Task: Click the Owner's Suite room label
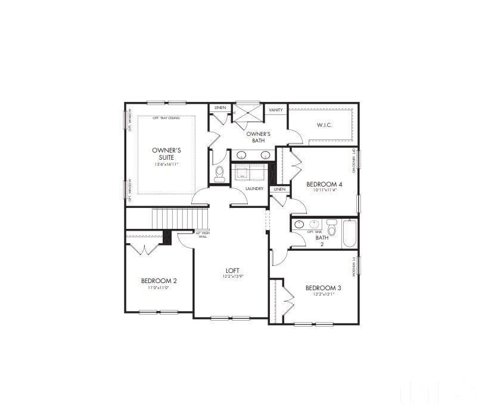166,154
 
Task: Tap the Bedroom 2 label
158,281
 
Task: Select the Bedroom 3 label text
323,288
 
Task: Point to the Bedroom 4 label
324,184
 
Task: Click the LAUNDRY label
254,189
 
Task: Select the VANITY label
275,110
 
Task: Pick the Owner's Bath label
259,136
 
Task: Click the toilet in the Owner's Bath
219,173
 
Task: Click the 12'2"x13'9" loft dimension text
233,276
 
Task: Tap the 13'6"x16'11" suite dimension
166,164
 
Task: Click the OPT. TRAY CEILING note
166,118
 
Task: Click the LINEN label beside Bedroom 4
279,189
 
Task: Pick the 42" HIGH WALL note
202,234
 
